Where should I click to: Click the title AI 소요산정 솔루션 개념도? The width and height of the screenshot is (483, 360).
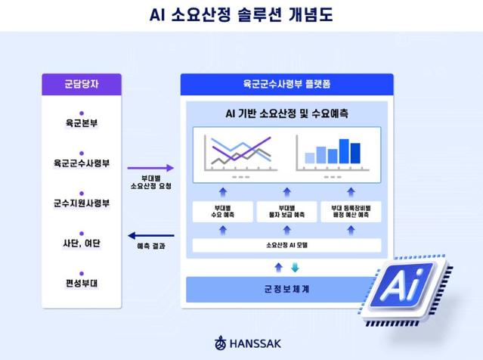[241, 14]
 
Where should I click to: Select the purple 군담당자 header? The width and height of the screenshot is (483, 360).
[82, 85]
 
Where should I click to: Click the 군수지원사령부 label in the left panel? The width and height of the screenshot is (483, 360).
[82, 203]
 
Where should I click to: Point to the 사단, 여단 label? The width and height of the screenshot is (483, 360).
[82, 244]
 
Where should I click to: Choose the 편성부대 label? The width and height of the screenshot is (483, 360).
[82, 284]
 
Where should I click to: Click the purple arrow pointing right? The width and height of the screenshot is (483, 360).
[150, 168]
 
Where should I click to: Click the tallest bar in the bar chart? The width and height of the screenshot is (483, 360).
[345, 151]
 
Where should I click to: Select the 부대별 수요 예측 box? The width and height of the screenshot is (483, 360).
[223, 212]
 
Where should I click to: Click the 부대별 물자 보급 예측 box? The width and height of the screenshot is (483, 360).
[286, 212]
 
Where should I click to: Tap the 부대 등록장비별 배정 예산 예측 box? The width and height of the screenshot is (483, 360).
[351, 212]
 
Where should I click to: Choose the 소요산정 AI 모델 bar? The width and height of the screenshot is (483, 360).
[286, 245]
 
